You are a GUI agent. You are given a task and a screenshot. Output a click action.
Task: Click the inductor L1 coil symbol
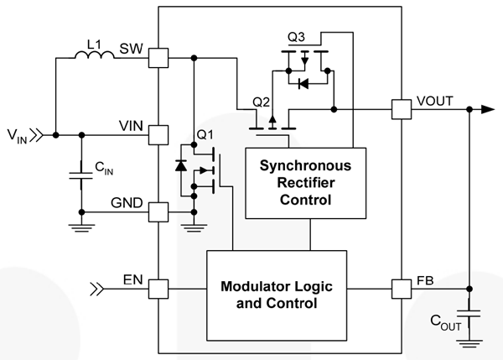coord(95,56)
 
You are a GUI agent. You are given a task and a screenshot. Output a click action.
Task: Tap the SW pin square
coord(158,57)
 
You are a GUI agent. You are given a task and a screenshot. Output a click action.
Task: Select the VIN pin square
coord(158,134)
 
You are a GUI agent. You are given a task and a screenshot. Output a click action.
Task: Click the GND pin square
coord(158,211)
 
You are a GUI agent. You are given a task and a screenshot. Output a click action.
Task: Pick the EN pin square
coord(158,290)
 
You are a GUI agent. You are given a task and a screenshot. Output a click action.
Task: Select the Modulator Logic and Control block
coord(276,295)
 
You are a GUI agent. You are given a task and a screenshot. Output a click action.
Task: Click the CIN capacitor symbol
coord(81,175)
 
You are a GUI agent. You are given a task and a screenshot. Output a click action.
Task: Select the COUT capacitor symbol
coord(470,313)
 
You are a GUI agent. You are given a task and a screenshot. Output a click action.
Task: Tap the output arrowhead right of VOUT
coord(487,109)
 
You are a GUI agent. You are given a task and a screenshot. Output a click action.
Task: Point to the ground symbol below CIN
coord(81,224)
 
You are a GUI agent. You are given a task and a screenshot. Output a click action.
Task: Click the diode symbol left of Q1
coord(179,164)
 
